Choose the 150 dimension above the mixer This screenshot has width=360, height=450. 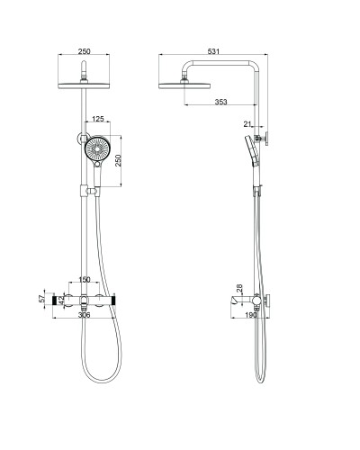[x=84, y=281]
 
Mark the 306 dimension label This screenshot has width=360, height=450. [x=84, y=316]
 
